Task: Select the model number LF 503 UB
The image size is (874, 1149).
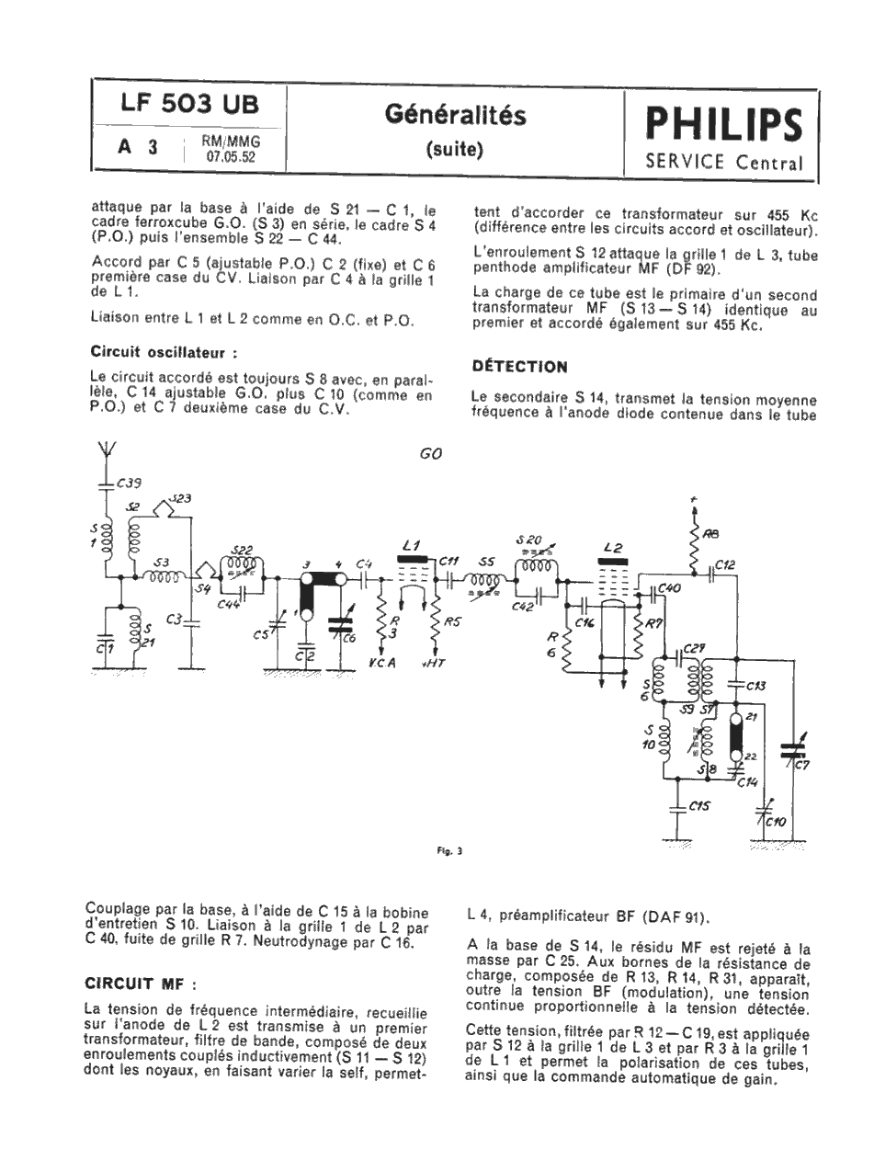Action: [x=189, y=107]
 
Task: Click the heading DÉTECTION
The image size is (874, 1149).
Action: [x=519, y=366]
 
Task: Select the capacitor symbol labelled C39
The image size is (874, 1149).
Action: [x=107, y=483]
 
